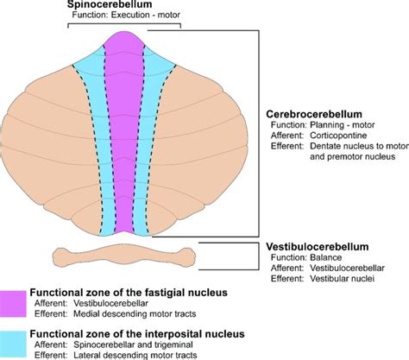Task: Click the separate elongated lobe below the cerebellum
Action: click(x=124, y=256)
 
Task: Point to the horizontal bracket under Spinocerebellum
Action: click(x=124, y=27)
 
